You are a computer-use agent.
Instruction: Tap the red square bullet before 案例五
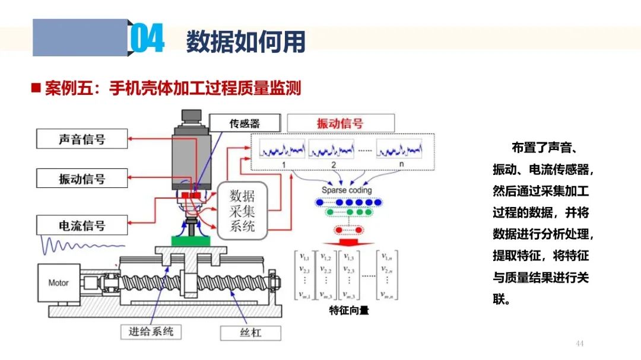coord(36,88)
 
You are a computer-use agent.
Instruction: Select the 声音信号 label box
coord(82,140)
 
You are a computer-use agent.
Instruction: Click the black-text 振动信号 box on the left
coord(82,179)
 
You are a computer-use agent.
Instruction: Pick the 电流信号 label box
coord(82,225)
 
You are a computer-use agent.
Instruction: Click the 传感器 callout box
coord(245,123)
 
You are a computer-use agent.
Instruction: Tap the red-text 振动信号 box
coord(340,123)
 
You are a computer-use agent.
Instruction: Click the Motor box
coord(58,283)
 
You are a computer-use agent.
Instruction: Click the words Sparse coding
coord(347,190)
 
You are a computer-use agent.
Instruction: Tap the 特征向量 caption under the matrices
coord(348,310)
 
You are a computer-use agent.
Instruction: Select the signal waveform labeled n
coord(399,148)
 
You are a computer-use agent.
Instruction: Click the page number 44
coord(580,343)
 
